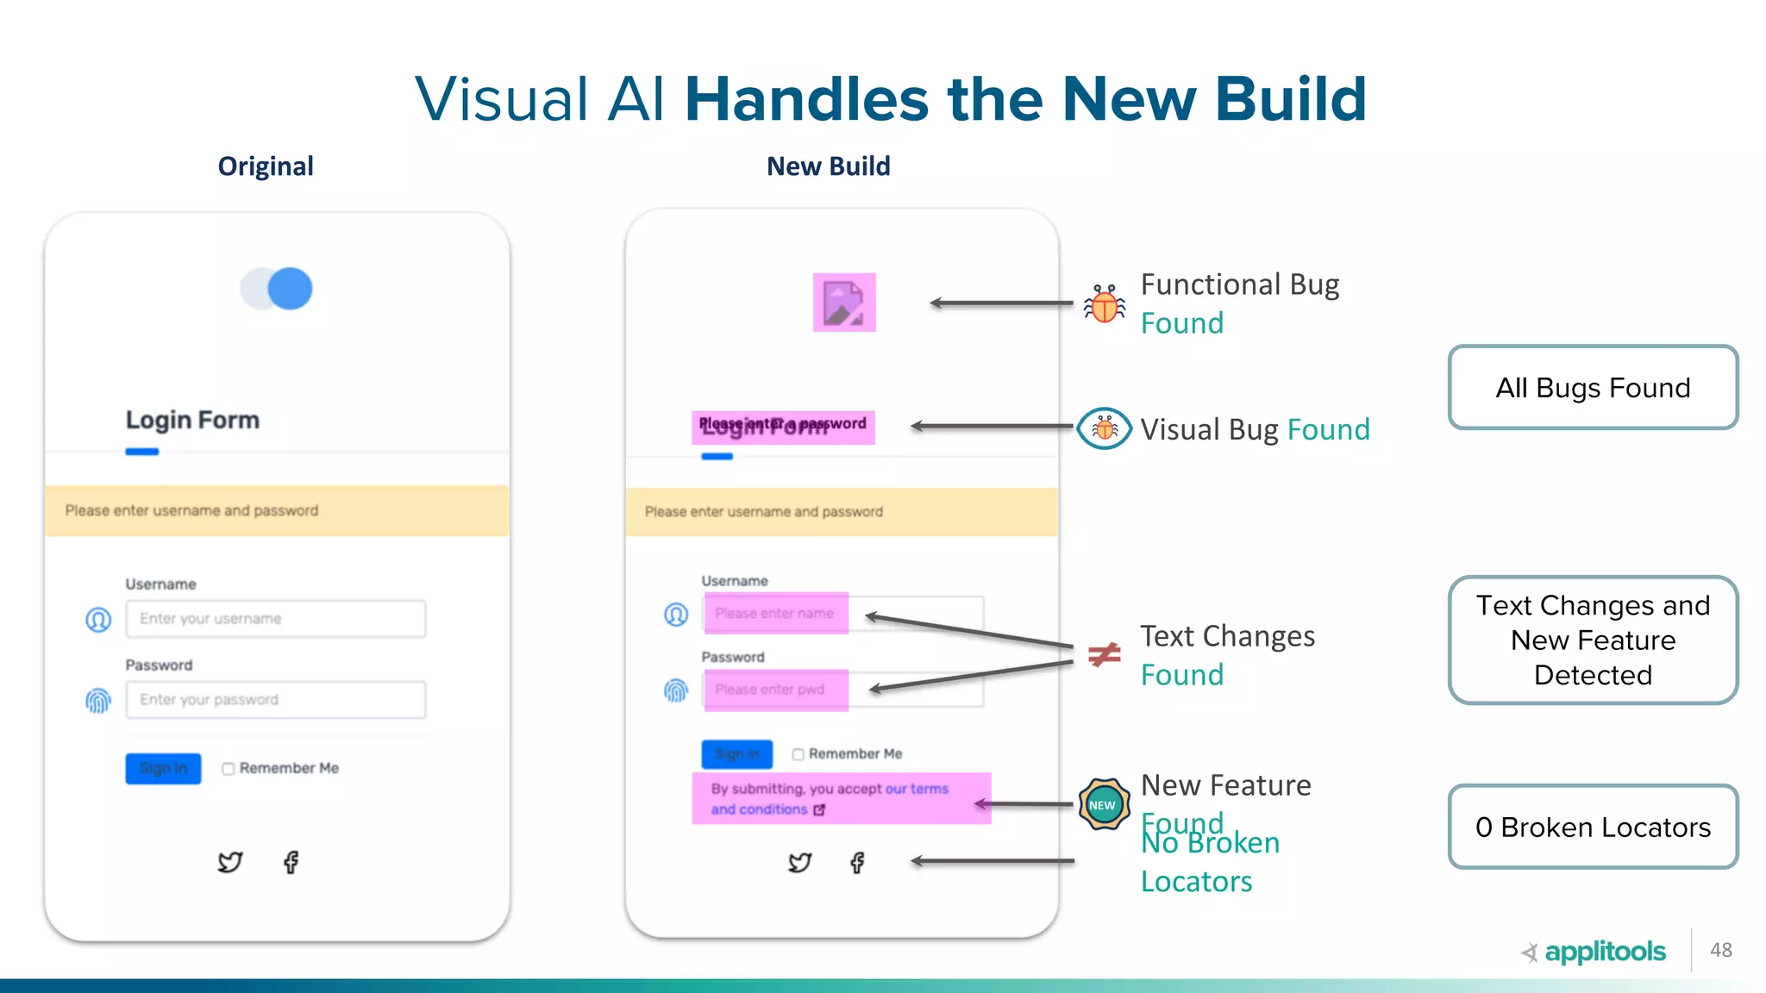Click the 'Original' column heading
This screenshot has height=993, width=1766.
266,166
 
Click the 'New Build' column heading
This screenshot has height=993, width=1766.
828,166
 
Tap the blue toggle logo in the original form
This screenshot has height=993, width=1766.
277,289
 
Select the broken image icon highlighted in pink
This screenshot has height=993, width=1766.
844,303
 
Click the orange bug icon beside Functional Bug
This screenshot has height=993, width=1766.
1105,304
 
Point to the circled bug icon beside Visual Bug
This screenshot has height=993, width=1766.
1104,428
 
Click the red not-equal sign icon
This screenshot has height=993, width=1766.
1104,655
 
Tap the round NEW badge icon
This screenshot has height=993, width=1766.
1103,805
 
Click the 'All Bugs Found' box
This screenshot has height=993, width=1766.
1593,388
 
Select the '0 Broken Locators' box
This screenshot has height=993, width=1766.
1593,827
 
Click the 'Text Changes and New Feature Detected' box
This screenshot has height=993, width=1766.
1593,640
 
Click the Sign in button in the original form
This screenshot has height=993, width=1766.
163,768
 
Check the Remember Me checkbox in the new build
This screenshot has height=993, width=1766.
798,754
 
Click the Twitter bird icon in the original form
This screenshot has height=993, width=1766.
230,862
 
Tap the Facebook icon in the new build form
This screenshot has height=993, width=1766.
857,863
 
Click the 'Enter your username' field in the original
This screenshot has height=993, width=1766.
276,619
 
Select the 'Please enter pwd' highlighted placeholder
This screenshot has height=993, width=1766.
775,690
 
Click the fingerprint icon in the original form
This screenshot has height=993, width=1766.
98,700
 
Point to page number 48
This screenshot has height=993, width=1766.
1721,950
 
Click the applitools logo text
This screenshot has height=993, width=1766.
1604,952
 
